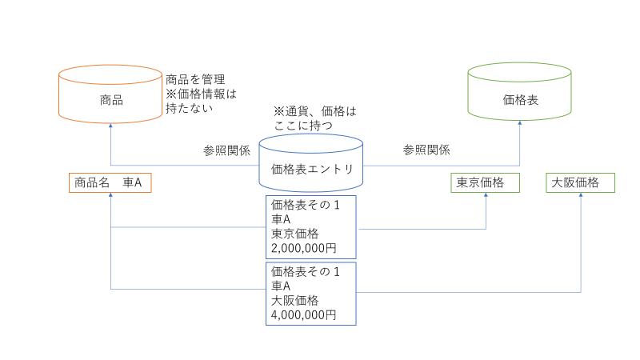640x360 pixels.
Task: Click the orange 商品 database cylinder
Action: (110, 99)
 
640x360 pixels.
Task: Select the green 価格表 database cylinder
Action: (519, 99)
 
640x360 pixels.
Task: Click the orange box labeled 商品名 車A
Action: (110, 183)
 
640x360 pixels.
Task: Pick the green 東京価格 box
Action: (485, 183)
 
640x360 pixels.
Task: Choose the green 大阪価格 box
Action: (580, 183)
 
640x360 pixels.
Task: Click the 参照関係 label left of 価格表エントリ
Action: (227, 150)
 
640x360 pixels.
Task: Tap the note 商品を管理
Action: (195, 79)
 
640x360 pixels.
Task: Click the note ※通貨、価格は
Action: (314, 111)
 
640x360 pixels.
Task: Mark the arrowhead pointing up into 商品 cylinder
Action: (110, 125)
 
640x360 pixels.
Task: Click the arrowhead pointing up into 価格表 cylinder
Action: (519, 124)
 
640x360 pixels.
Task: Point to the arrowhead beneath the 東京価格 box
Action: (486, 197)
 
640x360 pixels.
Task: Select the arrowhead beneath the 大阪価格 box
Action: (580, 197)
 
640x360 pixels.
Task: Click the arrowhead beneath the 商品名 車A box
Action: (110, 197)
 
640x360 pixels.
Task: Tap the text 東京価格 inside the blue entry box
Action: (295, 234)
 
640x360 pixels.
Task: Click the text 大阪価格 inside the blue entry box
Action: (295, 301)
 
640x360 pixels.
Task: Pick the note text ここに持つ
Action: (302, 126)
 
